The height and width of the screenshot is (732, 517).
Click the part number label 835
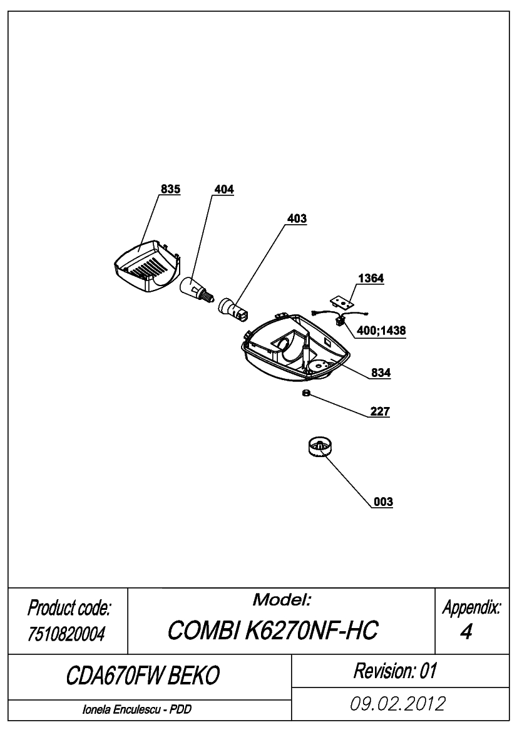(x=170, y=189)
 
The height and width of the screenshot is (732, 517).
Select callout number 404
(x=224, y=189)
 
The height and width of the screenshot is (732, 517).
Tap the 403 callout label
(x=297, y=219)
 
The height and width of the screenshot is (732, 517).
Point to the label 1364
(x=371, y=278)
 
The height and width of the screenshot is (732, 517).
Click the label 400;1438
(x=381, y=331)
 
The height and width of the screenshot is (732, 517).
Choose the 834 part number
(x=381, y=373)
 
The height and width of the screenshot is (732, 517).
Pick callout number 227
(x=380, y=411)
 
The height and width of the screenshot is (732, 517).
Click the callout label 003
(x=383, y=502)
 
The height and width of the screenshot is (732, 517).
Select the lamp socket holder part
(x=233, y=309)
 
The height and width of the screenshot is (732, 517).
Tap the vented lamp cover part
(x=147, y=267)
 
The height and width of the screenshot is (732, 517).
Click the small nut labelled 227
(x=306, y=393)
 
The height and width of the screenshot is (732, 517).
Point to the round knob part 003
(x=321, y=447)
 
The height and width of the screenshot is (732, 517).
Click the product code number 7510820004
(x=66, y=634)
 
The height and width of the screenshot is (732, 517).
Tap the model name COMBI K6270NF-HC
(x=272, y=631)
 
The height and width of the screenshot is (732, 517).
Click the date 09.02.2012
(x=398, y=704)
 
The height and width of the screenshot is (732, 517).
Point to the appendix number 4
(x=466, y=632)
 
